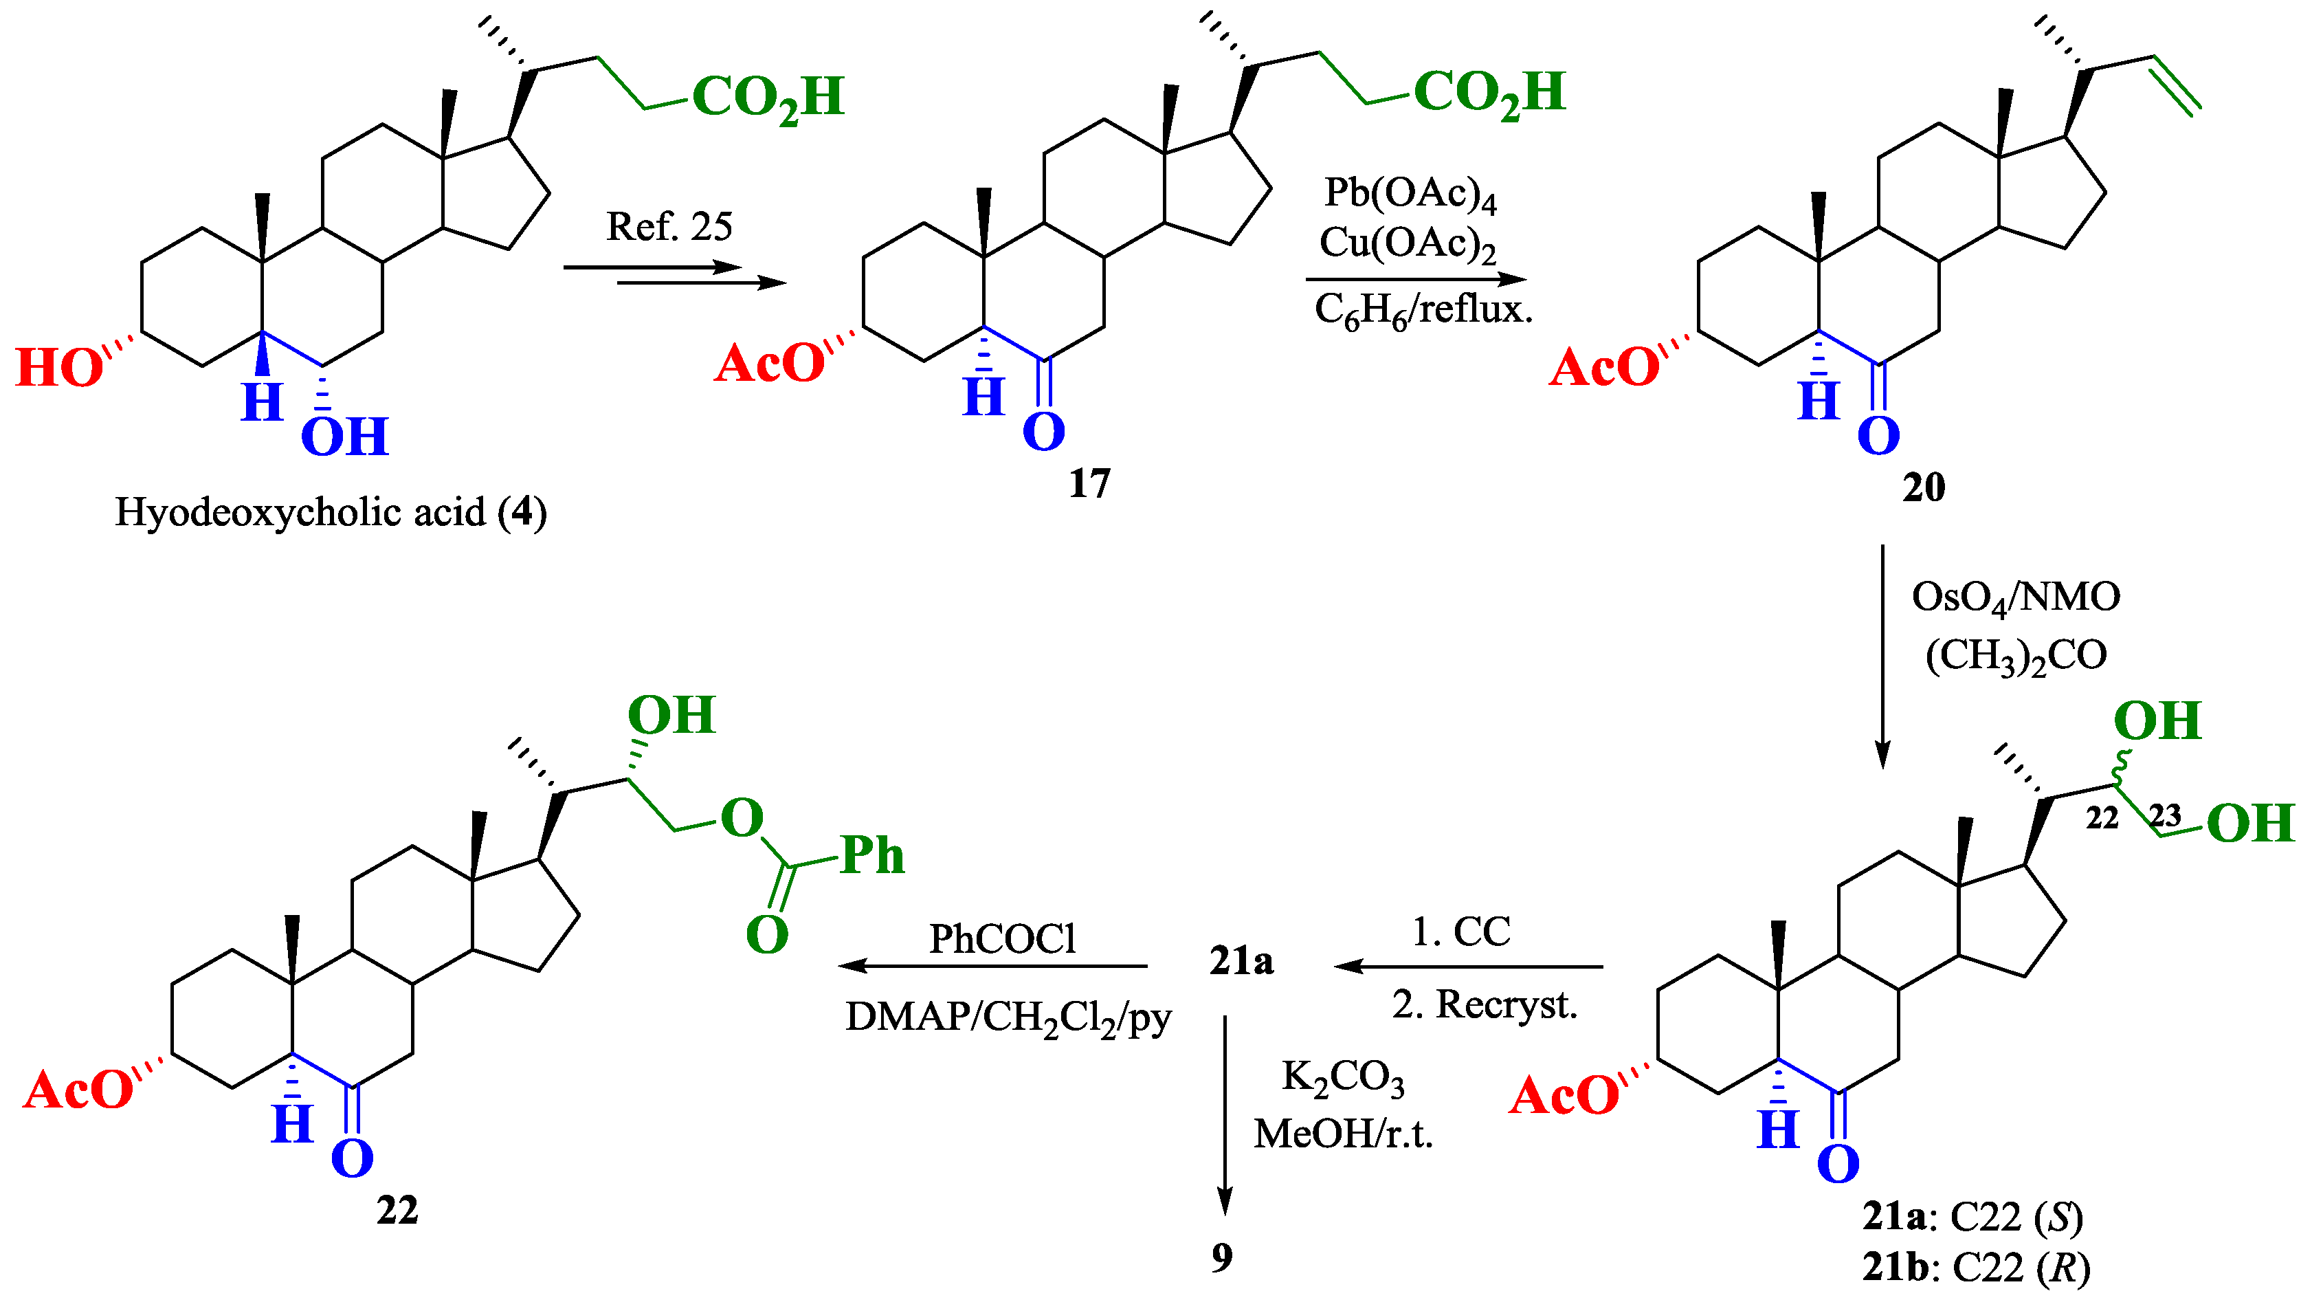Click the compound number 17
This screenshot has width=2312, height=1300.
click(1089, 483)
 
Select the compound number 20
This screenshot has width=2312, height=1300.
click(1924, 487)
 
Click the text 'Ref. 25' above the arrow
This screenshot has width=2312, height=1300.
click(669, 226)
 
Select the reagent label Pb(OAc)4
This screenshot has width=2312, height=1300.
click(1410, 193)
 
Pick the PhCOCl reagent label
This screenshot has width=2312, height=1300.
click(1001, 939)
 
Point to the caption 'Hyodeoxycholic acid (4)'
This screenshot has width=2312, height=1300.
click(331, 513)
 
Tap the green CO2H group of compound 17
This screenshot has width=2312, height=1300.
click(1489, 93)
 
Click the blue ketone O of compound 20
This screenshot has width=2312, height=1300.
click(1878, 437)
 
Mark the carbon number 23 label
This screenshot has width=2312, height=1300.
click(2164, 815)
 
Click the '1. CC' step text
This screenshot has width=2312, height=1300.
click(1461, 932)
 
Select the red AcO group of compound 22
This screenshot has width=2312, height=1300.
click(79, 1091)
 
